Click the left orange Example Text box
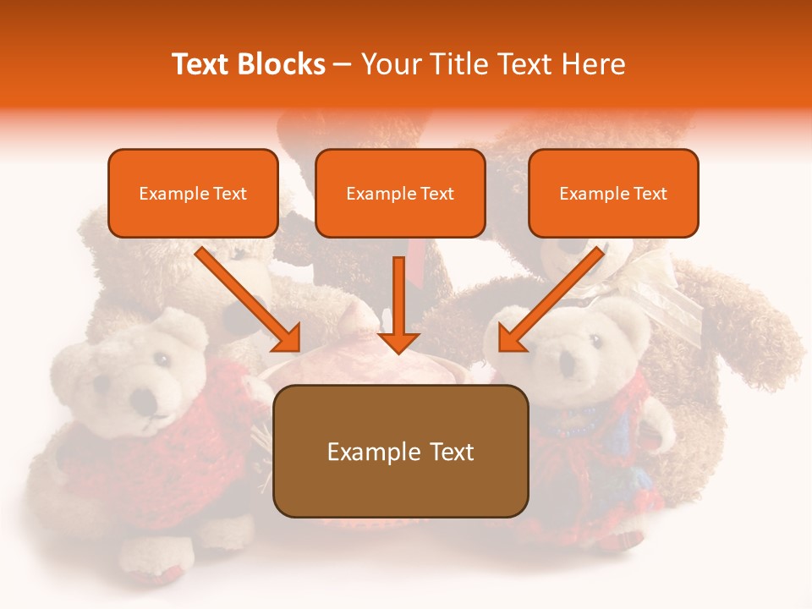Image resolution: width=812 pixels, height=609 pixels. coord(193,193)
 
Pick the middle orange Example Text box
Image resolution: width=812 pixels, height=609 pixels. coord(400,193)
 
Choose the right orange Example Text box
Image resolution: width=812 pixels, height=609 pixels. coord(613,193)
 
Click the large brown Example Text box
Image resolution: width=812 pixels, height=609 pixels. coord(400,451)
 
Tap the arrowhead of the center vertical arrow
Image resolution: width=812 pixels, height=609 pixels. coord(398,342)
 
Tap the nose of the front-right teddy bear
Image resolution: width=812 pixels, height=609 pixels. coord(568,371)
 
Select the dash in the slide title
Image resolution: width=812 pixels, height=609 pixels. coord(343,65)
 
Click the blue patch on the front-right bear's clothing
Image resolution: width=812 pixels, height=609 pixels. coord(622,440)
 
